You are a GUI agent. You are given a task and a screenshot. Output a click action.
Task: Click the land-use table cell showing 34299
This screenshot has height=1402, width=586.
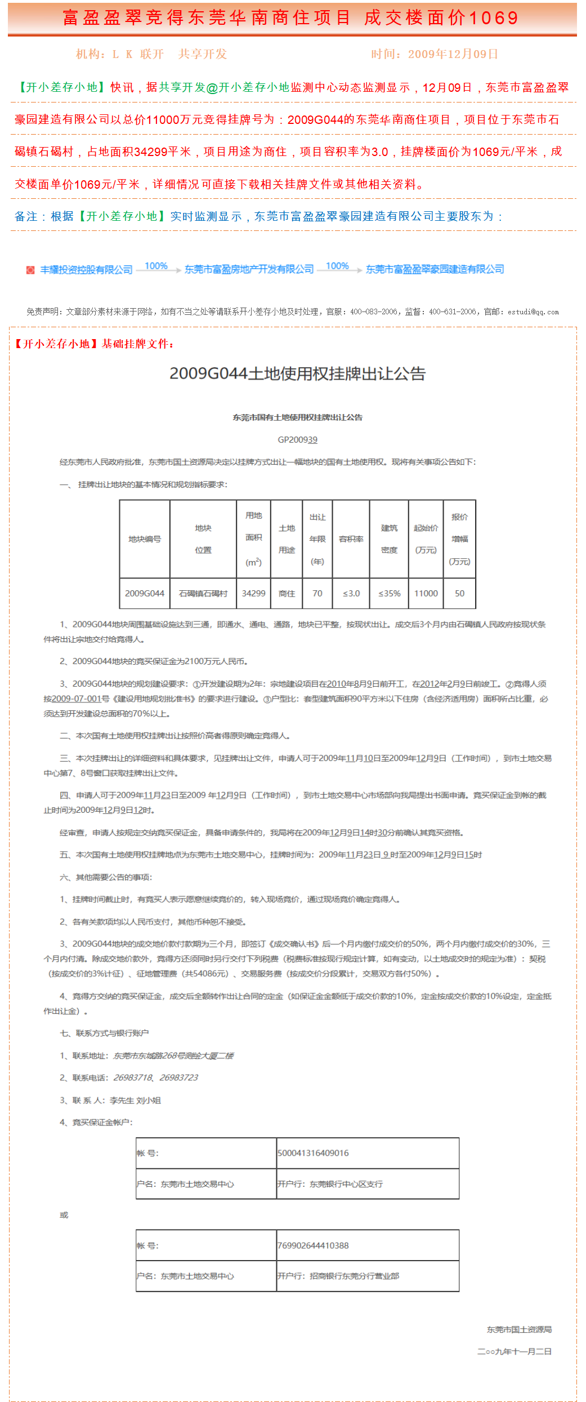253,593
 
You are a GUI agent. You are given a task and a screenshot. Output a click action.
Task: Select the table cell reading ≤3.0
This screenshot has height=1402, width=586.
351,593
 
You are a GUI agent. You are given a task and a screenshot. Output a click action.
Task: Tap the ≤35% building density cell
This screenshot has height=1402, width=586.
389,593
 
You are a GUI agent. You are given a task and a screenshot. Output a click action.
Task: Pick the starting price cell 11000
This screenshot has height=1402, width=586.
426,593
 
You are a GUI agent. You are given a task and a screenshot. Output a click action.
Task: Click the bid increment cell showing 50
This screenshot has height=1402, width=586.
459,593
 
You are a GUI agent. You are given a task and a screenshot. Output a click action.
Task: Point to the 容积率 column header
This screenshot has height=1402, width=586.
351,539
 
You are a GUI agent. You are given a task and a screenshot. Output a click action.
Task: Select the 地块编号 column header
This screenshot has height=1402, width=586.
145,539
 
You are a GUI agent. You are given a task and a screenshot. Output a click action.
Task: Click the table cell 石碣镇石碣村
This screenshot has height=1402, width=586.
203,593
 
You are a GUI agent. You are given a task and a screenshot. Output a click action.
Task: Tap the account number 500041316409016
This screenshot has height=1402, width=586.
313,1153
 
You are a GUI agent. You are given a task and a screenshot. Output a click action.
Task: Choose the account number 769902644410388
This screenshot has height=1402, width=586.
313,1245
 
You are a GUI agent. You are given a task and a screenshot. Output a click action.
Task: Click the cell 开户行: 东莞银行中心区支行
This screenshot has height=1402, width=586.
330,1184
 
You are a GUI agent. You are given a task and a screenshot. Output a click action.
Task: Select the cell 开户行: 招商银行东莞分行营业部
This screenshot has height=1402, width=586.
338,1276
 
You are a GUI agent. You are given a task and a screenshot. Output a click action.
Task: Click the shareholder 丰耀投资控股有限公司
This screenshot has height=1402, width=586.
86,270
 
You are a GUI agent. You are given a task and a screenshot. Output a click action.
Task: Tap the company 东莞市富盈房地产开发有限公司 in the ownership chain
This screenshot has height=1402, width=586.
249,269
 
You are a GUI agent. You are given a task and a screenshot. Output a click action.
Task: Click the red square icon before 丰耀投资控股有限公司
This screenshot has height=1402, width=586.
30,270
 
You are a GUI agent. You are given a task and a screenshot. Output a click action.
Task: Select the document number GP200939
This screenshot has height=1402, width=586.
297,439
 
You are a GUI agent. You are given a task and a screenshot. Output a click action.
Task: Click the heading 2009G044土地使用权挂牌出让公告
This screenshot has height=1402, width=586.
297,373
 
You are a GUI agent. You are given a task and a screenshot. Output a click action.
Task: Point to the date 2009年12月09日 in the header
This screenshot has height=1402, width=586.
453,54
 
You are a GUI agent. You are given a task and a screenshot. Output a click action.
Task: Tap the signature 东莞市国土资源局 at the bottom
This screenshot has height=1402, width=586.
519,1329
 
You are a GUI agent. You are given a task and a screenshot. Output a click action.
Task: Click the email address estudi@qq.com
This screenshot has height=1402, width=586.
533,311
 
